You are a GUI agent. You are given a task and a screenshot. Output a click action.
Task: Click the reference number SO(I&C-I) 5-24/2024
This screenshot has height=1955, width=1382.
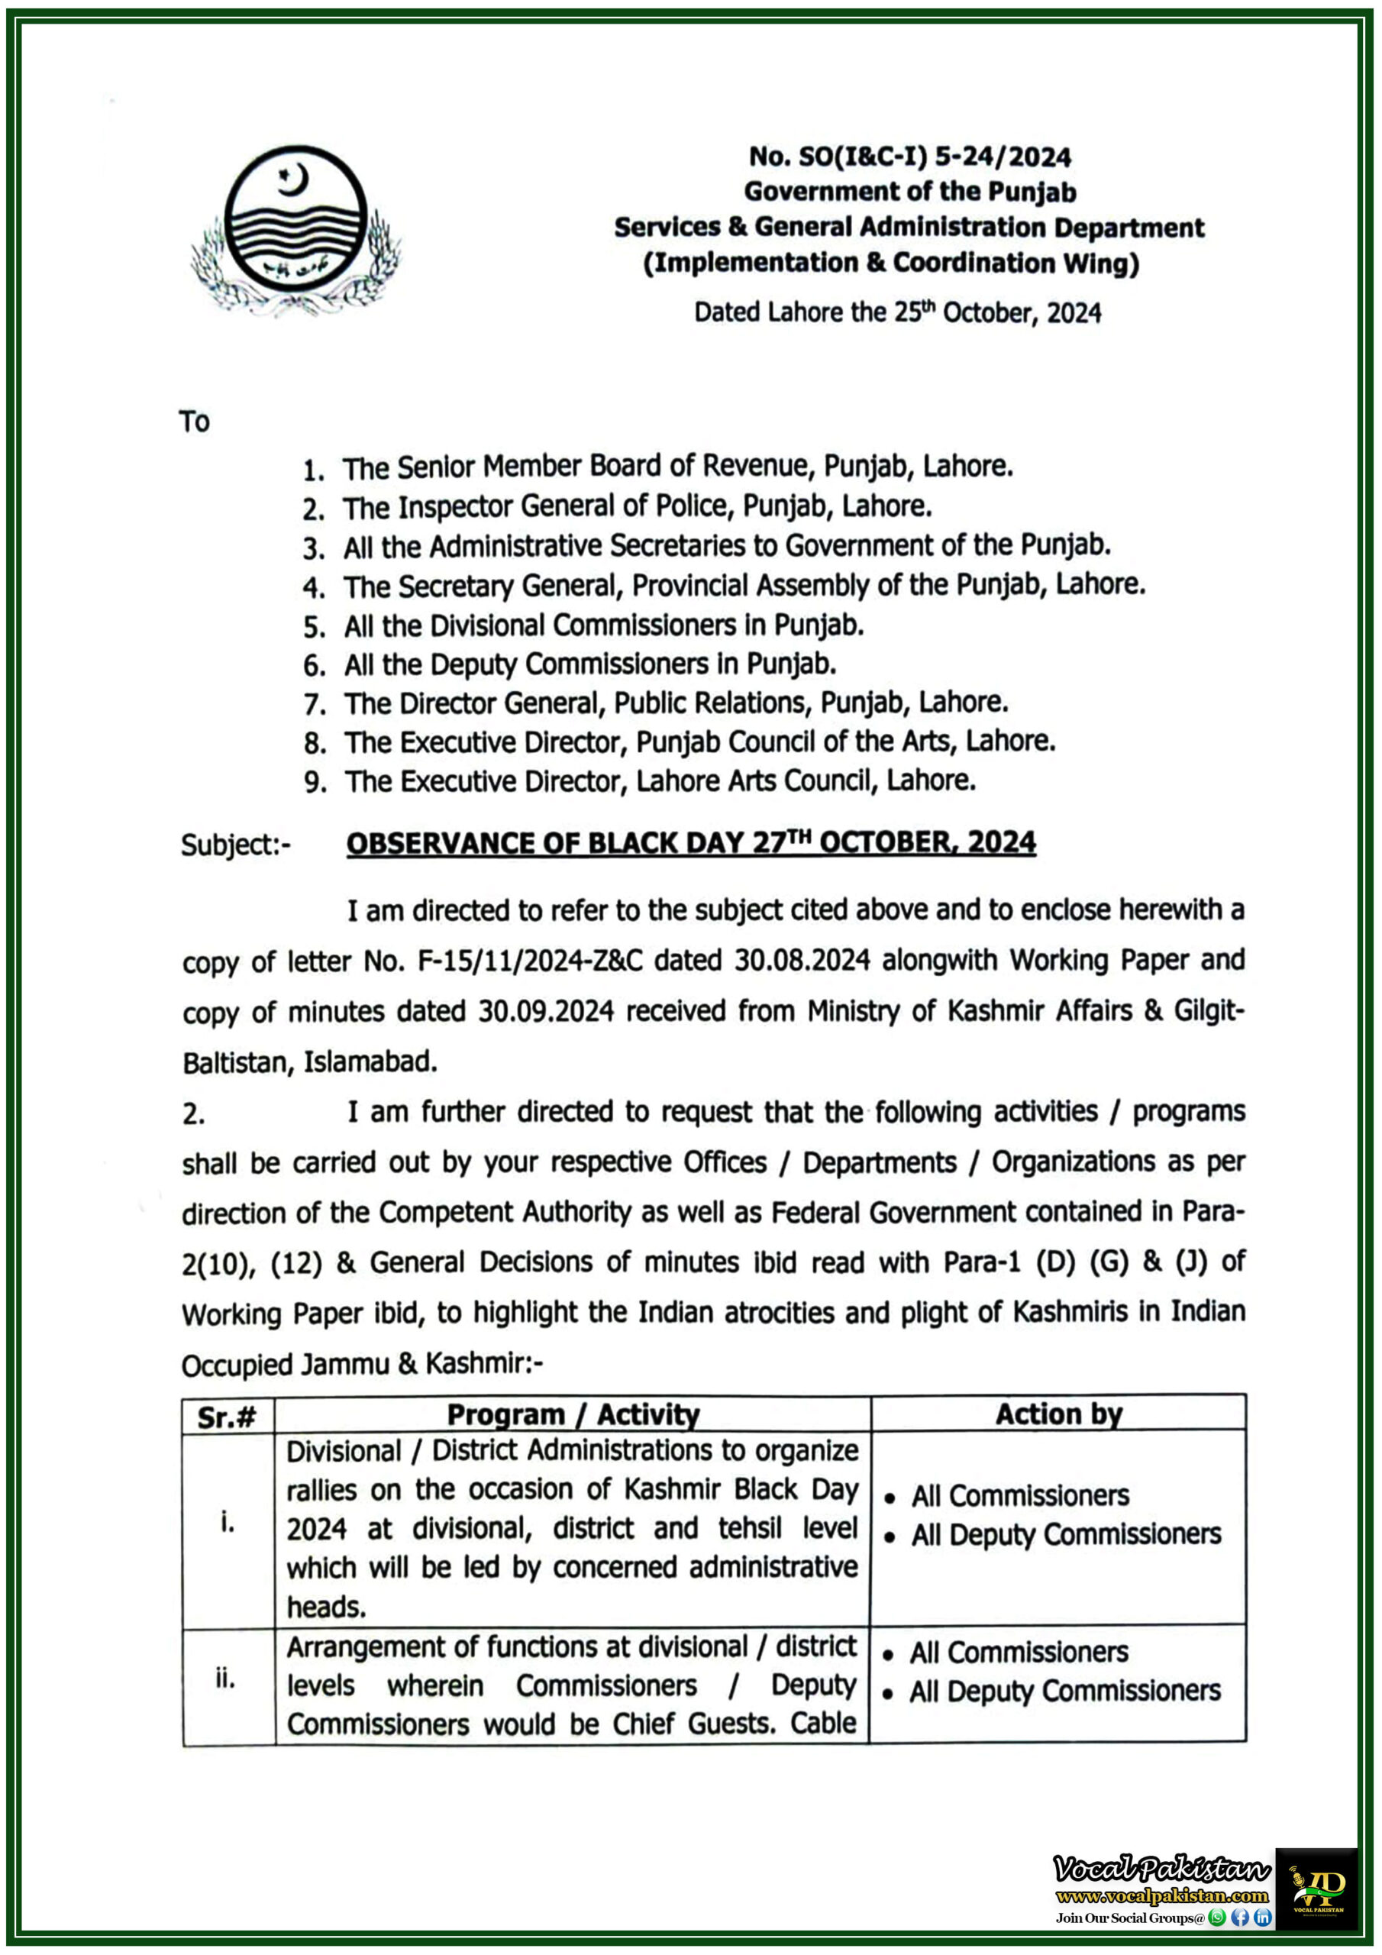[909, 157]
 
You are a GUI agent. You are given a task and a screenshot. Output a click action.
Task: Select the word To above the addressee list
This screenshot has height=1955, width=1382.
[194, 422]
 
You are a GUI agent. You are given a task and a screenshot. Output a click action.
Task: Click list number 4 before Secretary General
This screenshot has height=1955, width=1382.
[313, 587]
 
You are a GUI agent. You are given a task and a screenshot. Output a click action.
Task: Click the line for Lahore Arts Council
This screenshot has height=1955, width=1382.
[660, 780]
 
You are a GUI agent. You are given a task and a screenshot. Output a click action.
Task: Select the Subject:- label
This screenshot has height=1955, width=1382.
[235, 845]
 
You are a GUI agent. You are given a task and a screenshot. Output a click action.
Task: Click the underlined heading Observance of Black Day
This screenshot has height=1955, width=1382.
[690, 843]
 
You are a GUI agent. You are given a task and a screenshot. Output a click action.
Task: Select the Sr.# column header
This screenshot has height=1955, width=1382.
[227, 1417]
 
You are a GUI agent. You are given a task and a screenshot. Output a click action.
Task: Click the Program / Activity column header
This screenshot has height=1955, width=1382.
[573, 1415]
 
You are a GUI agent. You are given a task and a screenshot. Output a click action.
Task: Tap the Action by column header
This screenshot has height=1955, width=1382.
[1058, 1414]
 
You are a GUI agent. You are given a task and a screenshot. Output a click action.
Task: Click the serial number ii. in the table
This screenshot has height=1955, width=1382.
[224, 1679]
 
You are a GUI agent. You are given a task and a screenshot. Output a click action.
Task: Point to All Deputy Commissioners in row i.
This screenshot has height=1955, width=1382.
[1066, 1534]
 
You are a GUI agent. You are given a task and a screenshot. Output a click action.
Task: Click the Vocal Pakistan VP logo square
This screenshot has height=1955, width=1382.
[1316, 1888]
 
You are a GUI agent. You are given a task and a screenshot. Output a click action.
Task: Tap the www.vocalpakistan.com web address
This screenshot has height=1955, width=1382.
[1161, 1896]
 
